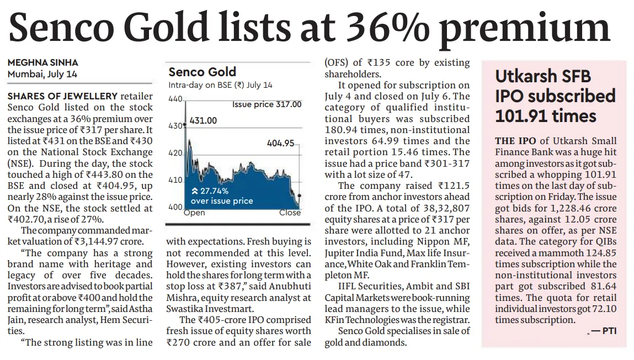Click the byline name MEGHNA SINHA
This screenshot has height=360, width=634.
[x=42, y=63]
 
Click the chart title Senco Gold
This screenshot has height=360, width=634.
[x=202, y=72]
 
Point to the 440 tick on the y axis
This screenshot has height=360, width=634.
[x=175, y=99]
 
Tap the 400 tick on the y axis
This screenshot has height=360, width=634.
[x=175, y=207]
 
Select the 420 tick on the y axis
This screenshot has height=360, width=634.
[x=175, y=153]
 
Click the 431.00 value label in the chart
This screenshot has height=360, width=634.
[x=203, y=120]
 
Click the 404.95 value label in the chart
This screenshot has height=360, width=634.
[x=280, y=143]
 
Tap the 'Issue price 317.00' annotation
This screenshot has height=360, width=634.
[x=267, y=104]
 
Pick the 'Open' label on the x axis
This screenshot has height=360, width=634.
[x=194, y=213]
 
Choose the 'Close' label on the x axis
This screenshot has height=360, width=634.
[x=290, y=213]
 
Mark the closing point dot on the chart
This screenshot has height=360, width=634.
[x=299, y=195]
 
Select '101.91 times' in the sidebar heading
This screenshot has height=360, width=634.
[x=546, y=116]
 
